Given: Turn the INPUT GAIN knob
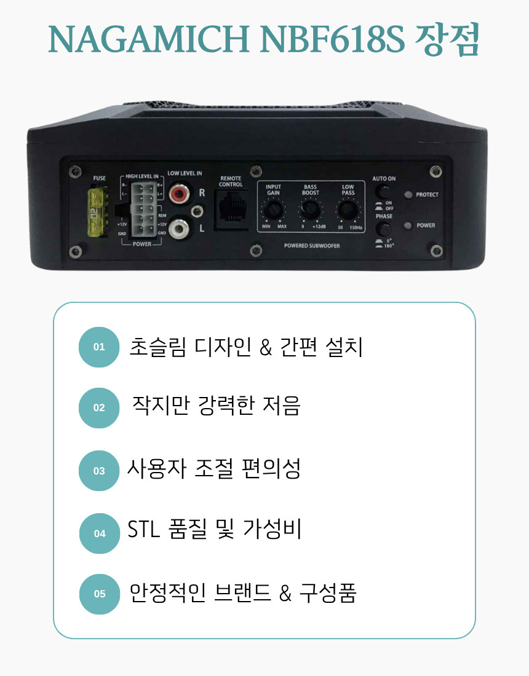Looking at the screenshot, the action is point(273,212).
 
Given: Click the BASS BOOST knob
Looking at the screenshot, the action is point(310,212).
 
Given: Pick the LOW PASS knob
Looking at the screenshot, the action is point(348,212).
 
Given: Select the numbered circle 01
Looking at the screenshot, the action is point(99,347).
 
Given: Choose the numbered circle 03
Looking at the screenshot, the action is point(99,471).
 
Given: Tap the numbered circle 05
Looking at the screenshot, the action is point(100,594).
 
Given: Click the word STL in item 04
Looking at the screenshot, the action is point(143,530).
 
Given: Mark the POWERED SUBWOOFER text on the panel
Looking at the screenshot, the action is point(312,246).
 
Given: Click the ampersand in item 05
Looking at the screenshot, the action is point(285,594).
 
